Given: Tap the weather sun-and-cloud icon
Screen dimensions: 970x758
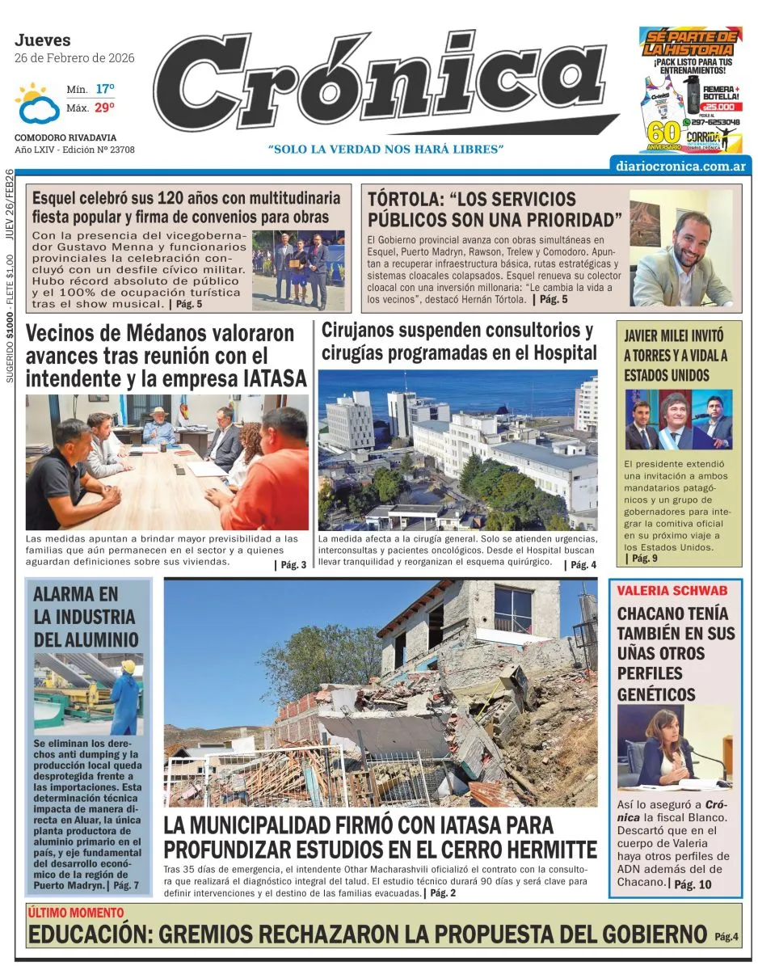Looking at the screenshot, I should (37, 103).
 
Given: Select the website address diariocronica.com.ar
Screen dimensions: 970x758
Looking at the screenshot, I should (680, 166).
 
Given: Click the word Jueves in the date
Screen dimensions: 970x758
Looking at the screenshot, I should (43, 40).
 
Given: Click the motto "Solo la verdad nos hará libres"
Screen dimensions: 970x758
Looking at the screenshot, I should (385, 150).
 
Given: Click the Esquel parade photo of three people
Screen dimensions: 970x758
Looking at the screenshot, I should (298, 270).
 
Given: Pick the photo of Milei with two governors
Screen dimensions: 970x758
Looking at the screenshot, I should (678, 420).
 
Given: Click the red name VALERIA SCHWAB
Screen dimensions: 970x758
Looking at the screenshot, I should (672, 591).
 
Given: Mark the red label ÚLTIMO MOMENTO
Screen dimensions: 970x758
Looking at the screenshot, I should (76, 913).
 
